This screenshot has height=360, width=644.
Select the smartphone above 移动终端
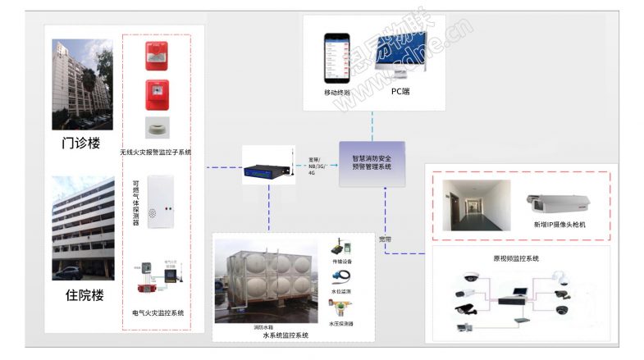(x=336, y=58)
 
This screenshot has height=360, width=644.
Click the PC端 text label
(x=400, y=92)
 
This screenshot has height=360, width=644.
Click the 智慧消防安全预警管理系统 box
(x=372, y=162)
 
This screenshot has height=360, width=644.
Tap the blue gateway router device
(x=267, y=171)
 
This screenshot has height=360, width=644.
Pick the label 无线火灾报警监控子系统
(x=155, y=152)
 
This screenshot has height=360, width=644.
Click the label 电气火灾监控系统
(x=158, y=312)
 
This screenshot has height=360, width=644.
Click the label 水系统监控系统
(x=285, y=335)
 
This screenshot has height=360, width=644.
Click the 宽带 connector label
(x=386, y=239)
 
